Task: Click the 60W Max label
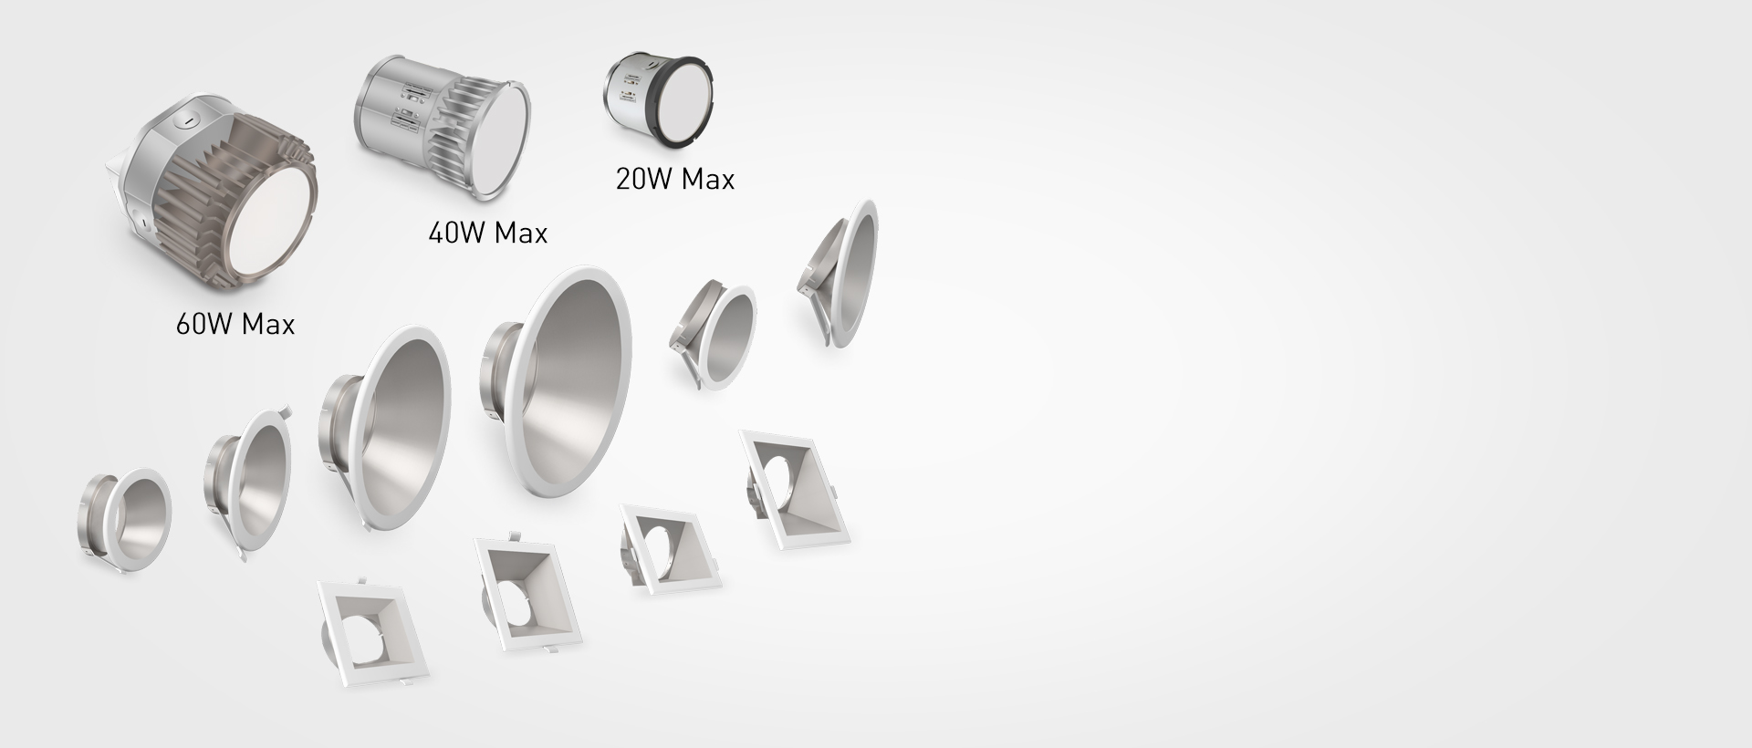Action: click(235, 324)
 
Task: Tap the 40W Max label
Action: click(487, 234)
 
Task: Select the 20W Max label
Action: click(674, 179)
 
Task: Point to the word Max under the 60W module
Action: click(268, 324)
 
